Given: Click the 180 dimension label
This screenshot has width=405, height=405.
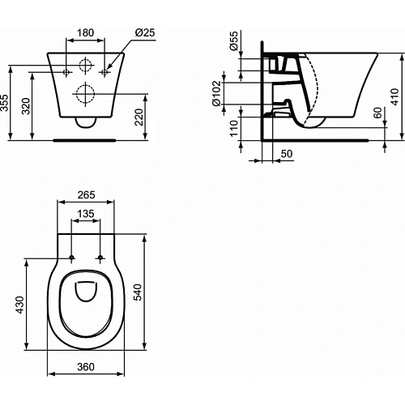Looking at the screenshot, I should (x=86, y=35).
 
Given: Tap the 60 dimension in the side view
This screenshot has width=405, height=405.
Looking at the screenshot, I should (x=377, y=113).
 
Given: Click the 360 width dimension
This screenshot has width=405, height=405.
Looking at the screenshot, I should (x=86, y=367).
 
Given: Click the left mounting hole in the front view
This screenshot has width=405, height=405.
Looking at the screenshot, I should (x=67, y=72).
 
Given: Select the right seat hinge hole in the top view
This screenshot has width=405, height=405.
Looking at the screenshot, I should (x=100, y=258).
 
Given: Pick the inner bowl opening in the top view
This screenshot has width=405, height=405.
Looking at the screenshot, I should (x=86, y=296).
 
